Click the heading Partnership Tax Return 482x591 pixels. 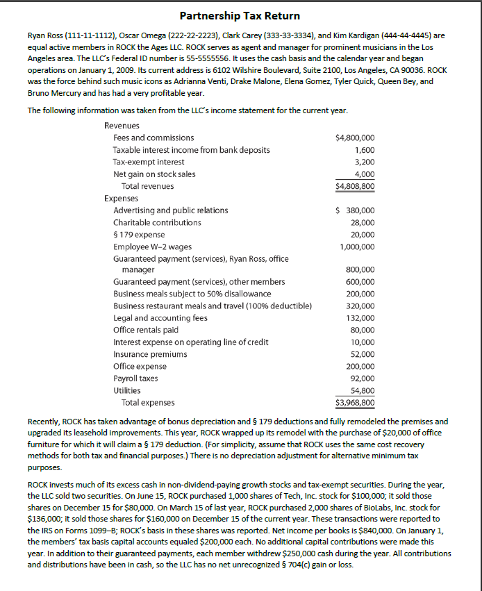pyautogui.click(x=240, y=15)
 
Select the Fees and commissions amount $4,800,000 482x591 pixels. pyautogui.click(x=355, y=138)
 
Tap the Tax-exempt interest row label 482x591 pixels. pyautogui.click(x=148, y=162)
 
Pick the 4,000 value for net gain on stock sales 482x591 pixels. pyautogui.click(x=365, y=174)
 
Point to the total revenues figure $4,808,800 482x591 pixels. pyautogui.click(x=355, y=186)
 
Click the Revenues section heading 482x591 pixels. pyautogui.click(x=122, y=126)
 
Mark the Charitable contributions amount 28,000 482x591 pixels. pyautogui.click(x=361, y=222)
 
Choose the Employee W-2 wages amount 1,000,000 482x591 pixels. pyautogui.click(x=358, y=247)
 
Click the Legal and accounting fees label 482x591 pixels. pyautogui.click(x=160, y=317)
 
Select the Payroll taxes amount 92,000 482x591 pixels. pyautogui.click(x=361, y=378)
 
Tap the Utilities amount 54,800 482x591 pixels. pyautogui.click(x=361, y=390)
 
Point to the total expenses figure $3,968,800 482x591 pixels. pyautogui.click(x=355, y=402)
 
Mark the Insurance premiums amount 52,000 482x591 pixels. pyautogui.click(x=361, y=353)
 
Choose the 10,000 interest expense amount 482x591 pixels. pyautogui.click(x=363, y=342)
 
